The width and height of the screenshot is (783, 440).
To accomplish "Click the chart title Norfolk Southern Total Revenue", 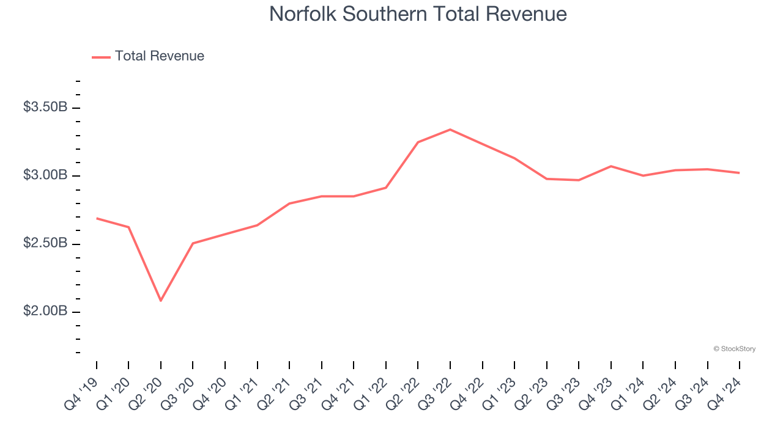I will tap(418, 14).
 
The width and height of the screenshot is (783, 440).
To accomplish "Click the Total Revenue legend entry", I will tap(159, 56).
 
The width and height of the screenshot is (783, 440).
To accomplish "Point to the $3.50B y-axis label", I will tap(45, 108).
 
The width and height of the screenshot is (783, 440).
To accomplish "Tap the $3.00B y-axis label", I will tap(45, 175).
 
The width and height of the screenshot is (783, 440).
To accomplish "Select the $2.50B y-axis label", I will tap(45, 243).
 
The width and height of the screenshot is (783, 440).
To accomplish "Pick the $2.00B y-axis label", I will tap(45, 311).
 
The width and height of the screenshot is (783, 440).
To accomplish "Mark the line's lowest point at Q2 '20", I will tap(161, 301).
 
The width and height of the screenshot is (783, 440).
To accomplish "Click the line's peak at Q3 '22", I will tap(450, 130).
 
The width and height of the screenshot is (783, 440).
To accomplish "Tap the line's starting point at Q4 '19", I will tap(97, 218).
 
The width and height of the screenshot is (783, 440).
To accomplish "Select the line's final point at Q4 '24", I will tap(740, 173).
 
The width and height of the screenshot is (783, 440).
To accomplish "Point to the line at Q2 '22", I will tap(418, 142).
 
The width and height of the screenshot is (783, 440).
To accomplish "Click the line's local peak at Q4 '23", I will tap(611, 166).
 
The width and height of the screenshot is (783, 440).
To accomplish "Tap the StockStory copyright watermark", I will tap(734, 349).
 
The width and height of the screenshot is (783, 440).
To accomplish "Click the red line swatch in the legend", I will tap(101, 57).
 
